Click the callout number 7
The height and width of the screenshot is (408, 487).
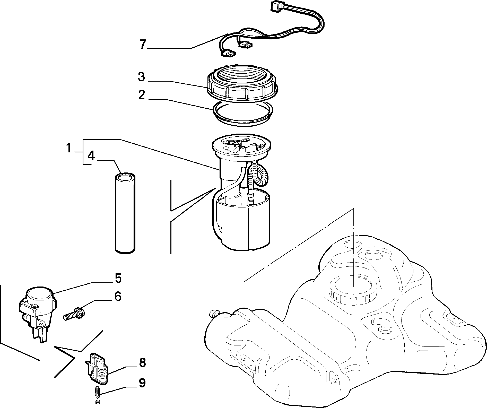(x=143, y=45)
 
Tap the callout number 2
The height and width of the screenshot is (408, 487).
(x=142, y=95)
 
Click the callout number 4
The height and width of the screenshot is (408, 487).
(x=91, y=156)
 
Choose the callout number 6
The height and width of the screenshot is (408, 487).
(x=118, y=297)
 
